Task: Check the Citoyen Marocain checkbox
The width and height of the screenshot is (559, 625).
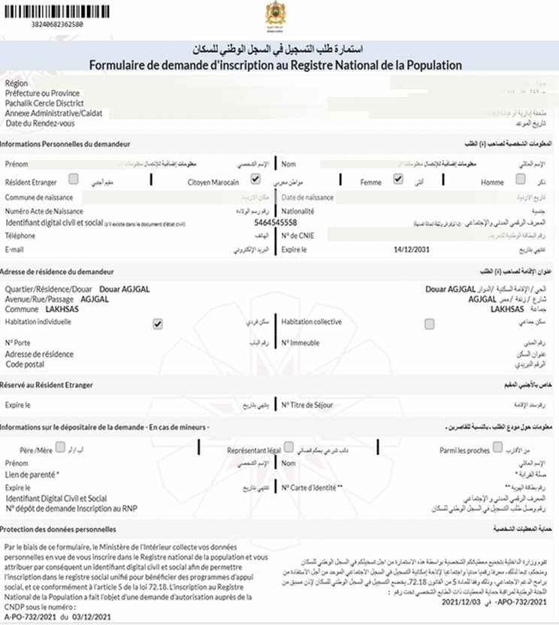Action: point(255,180)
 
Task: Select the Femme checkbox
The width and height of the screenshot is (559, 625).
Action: point(398,180)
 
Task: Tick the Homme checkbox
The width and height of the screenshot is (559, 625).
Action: point(521,179)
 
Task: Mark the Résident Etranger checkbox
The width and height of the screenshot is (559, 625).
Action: point(74,179)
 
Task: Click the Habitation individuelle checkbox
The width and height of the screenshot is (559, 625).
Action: point(158,324)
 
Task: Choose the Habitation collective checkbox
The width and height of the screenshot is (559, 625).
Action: point(429,324)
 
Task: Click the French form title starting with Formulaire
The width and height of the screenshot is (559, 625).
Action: point(275,65)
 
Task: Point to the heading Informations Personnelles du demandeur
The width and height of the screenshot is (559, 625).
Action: point(65,143)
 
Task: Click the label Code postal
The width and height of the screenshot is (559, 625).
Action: point(26,364)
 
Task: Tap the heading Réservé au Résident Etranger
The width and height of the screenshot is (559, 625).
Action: point(47,385)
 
